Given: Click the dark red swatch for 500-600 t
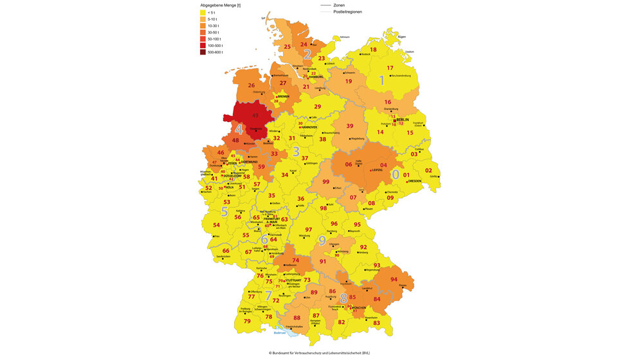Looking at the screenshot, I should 204,53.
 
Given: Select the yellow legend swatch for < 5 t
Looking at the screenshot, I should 204,12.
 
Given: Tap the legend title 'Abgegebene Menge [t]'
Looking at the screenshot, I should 220,5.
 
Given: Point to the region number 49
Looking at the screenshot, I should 255,116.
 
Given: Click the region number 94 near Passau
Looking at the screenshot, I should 394,280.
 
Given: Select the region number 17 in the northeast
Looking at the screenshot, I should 390,68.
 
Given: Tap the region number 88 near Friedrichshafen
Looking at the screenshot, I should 297,318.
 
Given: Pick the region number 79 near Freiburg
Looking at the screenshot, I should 247,321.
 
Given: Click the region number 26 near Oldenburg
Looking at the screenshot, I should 251,85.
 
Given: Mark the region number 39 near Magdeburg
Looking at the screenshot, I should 351,126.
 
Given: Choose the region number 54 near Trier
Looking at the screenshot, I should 217,225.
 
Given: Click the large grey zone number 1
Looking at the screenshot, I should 381,81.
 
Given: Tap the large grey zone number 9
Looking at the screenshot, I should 322,240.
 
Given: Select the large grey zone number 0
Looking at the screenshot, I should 396,174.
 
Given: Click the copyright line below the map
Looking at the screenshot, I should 320,353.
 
